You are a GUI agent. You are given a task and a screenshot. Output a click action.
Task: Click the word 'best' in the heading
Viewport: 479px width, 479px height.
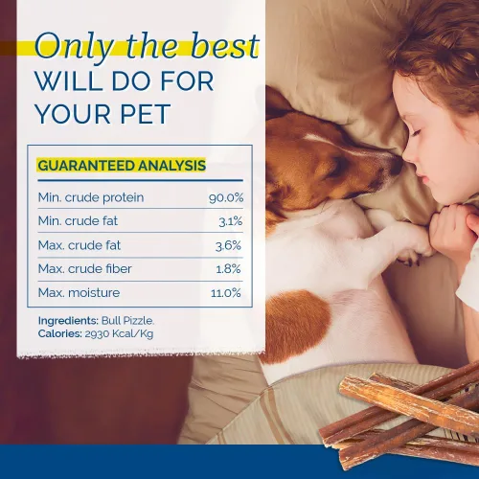(224, 45)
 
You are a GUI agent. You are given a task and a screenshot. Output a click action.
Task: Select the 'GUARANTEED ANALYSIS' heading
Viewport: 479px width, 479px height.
(122, 166)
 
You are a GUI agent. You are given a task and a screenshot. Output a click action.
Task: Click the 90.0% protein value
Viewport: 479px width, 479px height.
(226, 197)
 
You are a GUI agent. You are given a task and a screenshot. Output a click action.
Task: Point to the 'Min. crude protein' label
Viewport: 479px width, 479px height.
(91, 197)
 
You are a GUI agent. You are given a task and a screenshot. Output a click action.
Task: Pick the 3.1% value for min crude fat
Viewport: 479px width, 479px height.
(231, 221)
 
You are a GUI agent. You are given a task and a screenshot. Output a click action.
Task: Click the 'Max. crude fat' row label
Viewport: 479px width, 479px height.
(80, 245)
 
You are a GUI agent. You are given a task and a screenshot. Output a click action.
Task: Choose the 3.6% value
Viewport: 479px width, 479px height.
(228, 245)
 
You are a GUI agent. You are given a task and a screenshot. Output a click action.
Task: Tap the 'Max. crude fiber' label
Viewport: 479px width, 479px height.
(84, 269)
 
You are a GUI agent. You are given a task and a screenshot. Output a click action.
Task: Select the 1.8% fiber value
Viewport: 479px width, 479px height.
(228, 269)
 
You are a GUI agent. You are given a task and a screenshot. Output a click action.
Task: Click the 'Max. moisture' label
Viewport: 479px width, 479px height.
(79, 292)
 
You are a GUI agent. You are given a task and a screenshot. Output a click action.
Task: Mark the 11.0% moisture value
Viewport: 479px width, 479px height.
(226, 293)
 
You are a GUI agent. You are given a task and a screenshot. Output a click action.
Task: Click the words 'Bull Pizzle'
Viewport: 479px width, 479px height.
(127, 320)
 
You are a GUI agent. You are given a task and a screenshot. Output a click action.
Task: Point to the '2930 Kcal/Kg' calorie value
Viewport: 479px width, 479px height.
(119, 334)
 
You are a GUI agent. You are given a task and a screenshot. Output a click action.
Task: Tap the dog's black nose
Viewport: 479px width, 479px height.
(396, 165)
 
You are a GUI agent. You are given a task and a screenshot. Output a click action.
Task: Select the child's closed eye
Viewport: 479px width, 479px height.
(416, 132)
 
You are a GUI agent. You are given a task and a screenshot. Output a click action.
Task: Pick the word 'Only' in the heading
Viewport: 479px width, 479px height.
(74, 47)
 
